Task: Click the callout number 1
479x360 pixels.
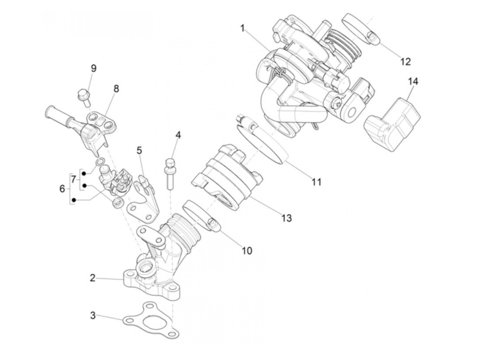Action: [243, 28]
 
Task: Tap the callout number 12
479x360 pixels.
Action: [405, 62]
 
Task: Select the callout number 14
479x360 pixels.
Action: [413, 81]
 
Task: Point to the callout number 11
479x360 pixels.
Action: [316, 182]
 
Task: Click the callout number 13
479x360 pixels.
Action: [286, 218]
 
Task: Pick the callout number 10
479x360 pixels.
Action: [247, 250]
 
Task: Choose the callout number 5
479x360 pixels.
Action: [139, 150]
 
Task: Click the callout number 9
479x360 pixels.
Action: [93, 68]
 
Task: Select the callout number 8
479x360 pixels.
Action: [116, 89]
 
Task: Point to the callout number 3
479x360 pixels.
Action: [93, 315]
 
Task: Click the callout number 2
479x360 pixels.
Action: [92, 278]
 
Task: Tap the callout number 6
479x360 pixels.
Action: [62, 188]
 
